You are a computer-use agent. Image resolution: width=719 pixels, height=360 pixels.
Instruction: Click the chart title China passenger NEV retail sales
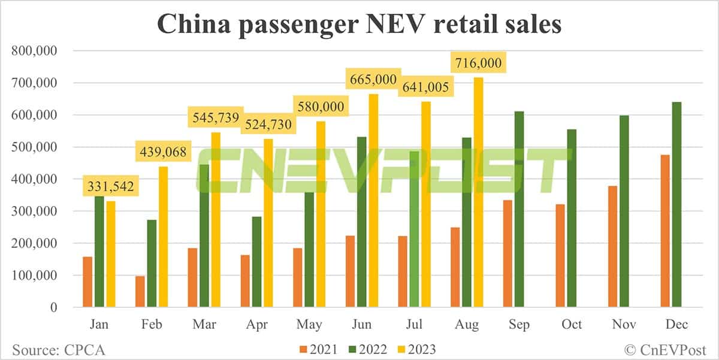(359, 25)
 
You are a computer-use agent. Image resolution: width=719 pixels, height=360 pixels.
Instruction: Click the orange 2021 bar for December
(665, 231)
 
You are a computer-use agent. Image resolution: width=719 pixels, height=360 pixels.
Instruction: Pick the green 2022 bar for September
(519, 209)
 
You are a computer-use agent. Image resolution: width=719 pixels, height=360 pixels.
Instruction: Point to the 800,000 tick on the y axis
(34, 51)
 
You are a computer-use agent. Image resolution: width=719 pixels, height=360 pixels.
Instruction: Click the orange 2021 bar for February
(139, 291)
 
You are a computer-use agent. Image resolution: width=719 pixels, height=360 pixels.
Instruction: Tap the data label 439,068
(164, 153)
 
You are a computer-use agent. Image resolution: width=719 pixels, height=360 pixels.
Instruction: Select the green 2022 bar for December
(677, 204)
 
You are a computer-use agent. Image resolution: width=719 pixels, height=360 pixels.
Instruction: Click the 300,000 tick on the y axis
(34, 211)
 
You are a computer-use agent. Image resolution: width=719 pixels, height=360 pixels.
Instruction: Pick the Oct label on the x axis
(572, 324)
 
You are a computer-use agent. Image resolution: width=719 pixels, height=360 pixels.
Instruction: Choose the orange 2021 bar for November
(612, 246)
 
